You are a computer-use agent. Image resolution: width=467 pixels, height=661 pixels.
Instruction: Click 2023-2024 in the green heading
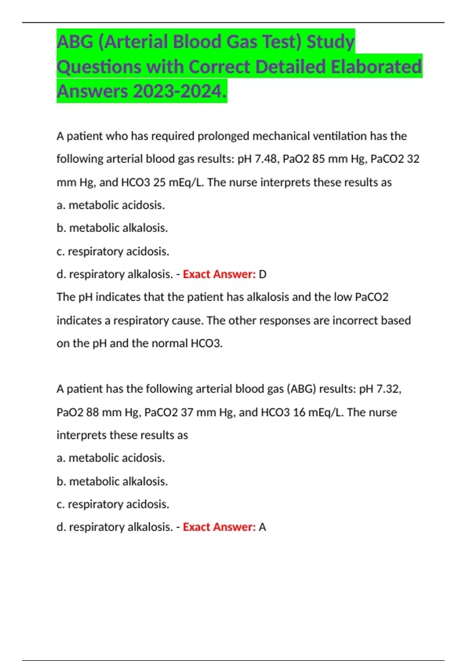point(179,91)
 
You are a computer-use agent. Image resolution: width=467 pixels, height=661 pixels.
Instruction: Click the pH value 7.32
point(387,389)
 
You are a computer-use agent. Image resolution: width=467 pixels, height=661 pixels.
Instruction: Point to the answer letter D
point(263,274)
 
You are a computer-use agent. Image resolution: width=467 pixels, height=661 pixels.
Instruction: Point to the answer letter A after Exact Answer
point(263,527)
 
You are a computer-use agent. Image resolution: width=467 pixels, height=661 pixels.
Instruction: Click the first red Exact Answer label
point(219,274)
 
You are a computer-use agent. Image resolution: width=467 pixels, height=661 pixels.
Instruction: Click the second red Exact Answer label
point(219,527)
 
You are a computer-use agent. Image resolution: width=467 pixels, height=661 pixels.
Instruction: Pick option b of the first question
point(112,228)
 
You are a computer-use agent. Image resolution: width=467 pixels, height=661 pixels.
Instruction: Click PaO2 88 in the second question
point(77,412)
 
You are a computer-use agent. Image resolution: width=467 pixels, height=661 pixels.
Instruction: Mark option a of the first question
point(111,205)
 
